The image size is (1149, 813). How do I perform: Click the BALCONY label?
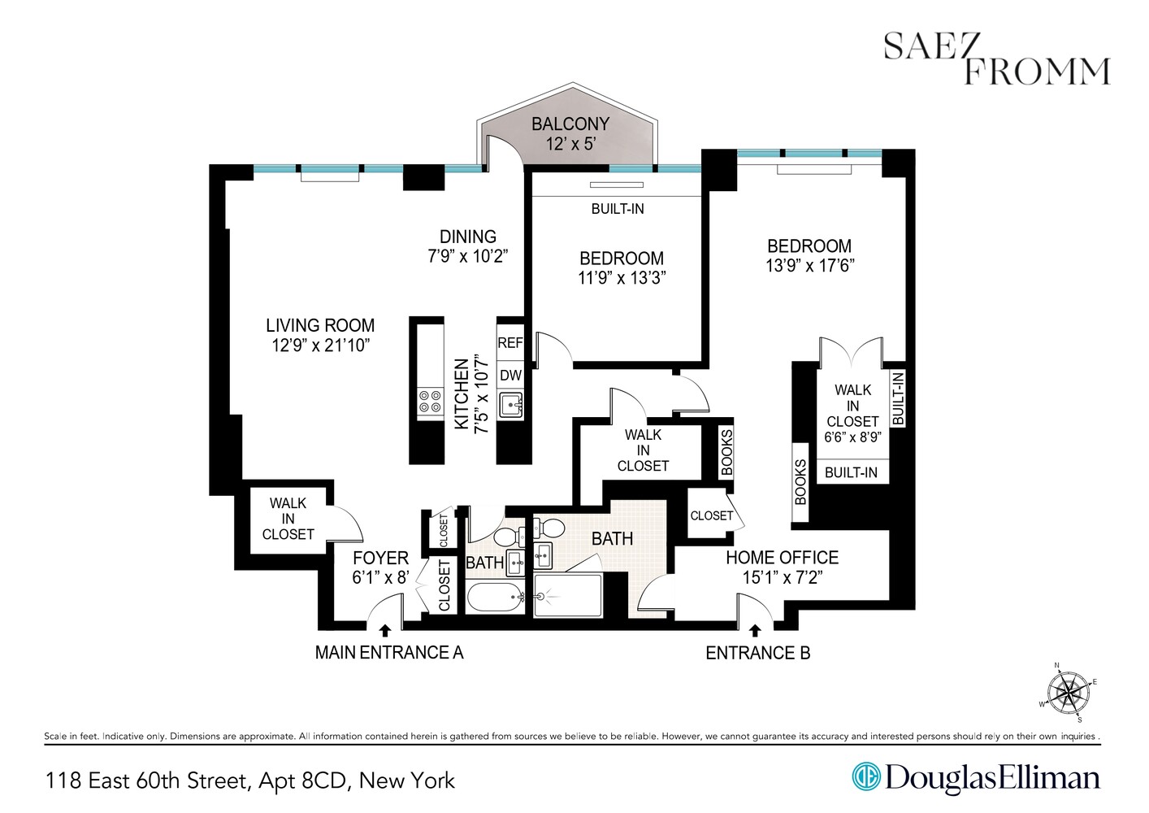[x=570, y=124]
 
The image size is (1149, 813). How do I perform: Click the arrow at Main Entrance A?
[x=385, y=629]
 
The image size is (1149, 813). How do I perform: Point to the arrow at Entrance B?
[x=755, y=629]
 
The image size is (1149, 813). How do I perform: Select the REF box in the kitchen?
[x=510, y=343]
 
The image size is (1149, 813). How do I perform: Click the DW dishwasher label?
[x=510, y=376]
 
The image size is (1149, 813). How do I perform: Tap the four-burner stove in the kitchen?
[x=430, y=401]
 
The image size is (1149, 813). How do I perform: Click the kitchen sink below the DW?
[x=511, y=404]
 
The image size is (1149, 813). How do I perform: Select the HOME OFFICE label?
[x=782, y=558]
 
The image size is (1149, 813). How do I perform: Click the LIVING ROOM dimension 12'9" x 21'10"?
[x=320, y=346]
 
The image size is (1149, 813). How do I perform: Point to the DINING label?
[x=467, y=237]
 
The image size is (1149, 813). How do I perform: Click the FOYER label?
[x=380, y=559]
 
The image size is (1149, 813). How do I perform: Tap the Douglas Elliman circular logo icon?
[x=866, y=777]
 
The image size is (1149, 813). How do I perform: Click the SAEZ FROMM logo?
[x=996, y=59]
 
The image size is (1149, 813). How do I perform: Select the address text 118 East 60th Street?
[x=146, y=781]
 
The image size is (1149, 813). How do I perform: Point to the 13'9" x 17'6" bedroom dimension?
[x=809, y=266]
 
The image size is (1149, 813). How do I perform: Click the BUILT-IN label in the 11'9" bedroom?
[x=618, y=209]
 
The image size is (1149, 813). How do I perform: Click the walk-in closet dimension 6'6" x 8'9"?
[x=852, y=437]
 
